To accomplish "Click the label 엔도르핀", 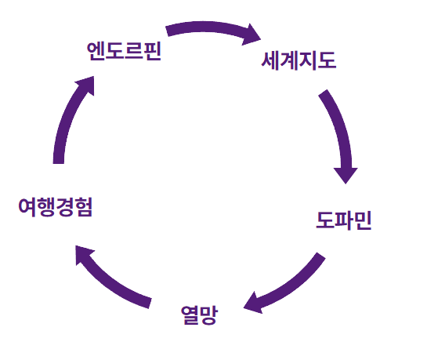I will coord(124,53).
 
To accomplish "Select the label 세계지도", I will coord(299,61).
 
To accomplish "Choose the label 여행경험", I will coord(56,207).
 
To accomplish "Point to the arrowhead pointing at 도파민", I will coord(346,173).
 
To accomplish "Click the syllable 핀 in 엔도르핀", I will coord(151,53).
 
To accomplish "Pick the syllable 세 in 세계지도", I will coord(271,61).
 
